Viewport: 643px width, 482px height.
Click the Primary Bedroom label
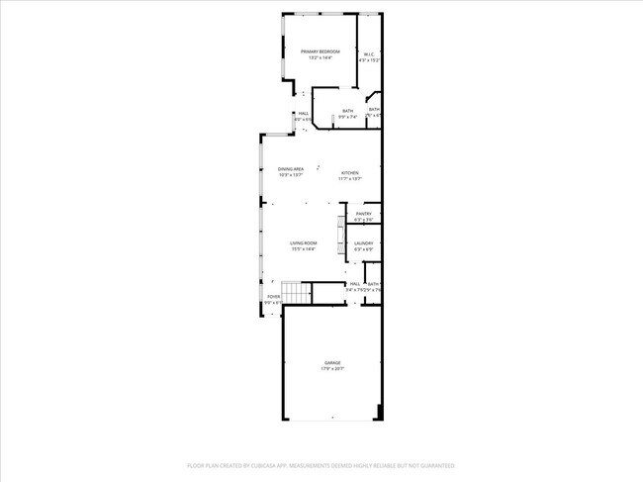point(321,51)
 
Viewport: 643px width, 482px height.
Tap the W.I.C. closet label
point(368,54)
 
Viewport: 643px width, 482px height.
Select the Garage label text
point(332,363)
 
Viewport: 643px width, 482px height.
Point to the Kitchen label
point(350,173)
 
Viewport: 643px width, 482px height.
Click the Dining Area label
point(291,169)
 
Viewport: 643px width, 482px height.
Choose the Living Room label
point(304,243)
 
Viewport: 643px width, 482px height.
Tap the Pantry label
point(364,214)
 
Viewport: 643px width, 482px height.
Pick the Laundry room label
point(364,243)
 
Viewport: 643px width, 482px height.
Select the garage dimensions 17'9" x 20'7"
point(332,369)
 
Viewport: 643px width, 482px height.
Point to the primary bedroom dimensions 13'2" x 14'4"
point(321,57)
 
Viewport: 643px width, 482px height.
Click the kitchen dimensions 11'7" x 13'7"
point(350,179)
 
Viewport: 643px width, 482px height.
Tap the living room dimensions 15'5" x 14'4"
point(304,249)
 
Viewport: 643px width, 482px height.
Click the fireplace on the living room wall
point(341,233)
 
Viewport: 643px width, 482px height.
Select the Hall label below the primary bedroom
point(304,114)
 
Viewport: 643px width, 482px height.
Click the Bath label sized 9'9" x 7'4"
point(347,111)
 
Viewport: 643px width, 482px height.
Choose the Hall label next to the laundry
point(354,284)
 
